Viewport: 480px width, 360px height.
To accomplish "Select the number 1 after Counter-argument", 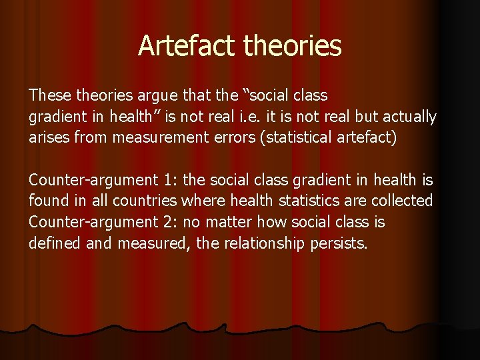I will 169,180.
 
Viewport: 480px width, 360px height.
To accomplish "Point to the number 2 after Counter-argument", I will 169,221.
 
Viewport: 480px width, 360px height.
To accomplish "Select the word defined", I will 55,243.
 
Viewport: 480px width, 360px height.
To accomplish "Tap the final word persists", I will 339,243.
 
